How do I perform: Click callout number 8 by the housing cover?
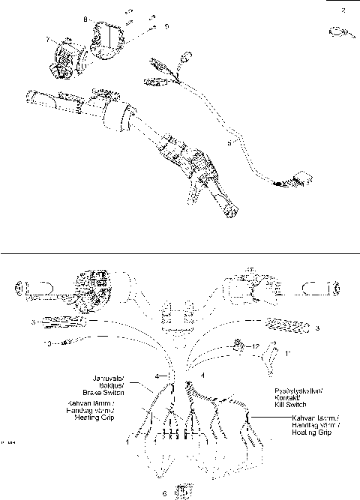pos(85,17)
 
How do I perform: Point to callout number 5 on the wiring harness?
pos(229,139)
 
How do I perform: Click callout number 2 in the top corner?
pos(343,10)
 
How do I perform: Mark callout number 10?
pos(47,345)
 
